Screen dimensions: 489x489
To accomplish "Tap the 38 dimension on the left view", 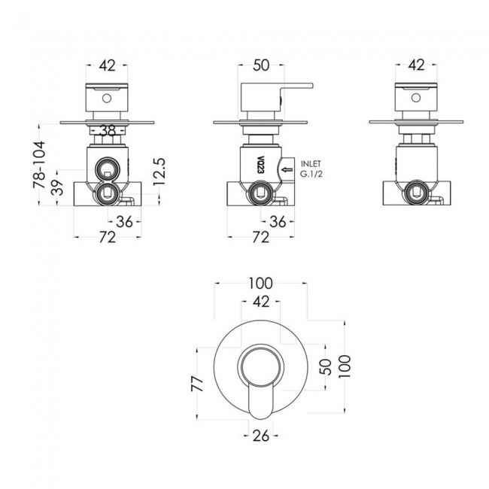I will [x=108, y=131].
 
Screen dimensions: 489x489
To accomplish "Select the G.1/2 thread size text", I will [x=312, y=175].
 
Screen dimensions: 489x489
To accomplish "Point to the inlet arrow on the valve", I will [x=287, y=169].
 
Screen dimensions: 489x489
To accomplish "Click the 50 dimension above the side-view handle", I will [x=261, y=66].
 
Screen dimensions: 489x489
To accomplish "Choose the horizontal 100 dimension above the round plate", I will [x=260, y=284].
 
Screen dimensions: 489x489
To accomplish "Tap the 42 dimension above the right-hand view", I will [x=416, y=66].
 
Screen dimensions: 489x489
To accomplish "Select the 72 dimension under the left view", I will [x=108, y=238].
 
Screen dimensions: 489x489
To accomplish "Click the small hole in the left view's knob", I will [x=108, y=97].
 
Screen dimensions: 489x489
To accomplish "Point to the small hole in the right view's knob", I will [x=416, y=97].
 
